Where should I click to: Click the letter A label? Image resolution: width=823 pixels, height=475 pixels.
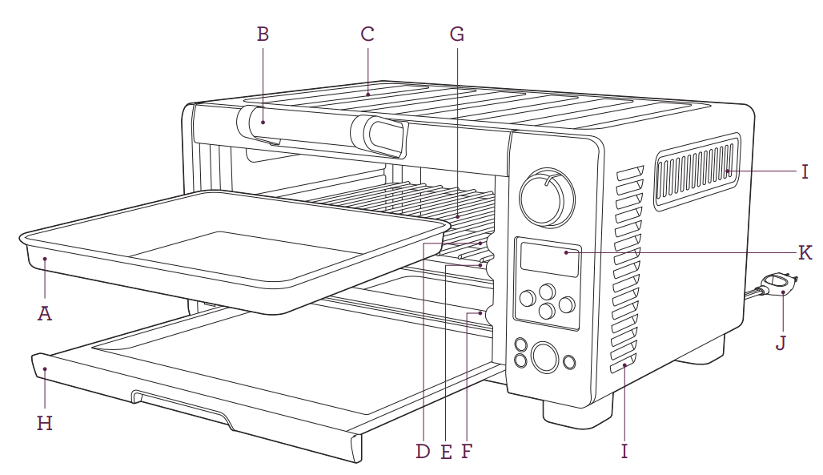tap(45, 313)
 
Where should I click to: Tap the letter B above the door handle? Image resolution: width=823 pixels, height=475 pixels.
tap(263, 34)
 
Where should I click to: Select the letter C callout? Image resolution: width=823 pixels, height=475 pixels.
tap(367, 34)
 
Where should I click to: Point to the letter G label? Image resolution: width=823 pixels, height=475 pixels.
tap(456, 34)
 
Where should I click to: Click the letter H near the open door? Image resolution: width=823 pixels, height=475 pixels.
tap(45, 423)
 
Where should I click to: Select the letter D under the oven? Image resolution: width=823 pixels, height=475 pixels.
tap(422, 452)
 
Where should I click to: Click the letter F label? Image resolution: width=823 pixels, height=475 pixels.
tap(467, 452)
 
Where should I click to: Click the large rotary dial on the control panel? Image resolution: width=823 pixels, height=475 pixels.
tap(547, 195)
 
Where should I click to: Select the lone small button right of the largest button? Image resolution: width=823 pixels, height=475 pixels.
tap(570, 362)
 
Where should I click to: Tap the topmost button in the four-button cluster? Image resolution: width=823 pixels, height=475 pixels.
tap(547, 291)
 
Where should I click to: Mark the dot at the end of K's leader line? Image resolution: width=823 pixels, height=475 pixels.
tap(567, 253)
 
